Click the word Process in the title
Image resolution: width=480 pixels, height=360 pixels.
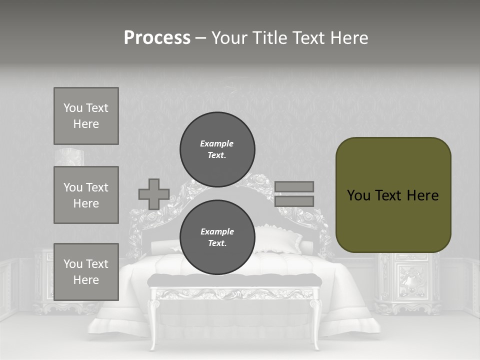point(157,38)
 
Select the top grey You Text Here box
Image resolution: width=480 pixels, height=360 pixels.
point(86,116)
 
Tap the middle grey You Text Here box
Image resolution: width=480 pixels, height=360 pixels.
point(86,195)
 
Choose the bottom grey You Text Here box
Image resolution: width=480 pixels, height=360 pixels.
point(86,272)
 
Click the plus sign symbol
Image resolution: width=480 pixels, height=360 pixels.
point(154,194)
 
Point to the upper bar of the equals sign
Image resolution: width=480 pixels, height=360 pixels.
point(294,186)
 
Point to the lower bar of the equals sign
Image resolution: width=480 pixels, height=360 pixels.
point(294,201)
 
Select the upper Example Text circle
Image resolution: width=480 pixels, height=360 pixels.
point(217,149)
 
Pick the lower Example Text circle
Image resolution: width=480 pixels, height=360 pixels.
point(217,237)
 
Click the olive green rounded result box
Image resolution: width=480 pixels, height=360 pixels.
point(393,195)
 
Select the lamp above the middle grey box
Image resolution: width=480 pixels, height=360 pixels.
point(70,157)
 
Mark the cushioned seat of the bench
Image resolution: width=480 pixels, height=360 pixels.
point(235,280)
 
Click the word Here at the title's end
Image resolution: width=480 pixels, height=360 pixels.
point(348,38)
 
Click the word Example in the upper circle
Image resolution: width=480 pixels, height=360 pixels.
point(216,143)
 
